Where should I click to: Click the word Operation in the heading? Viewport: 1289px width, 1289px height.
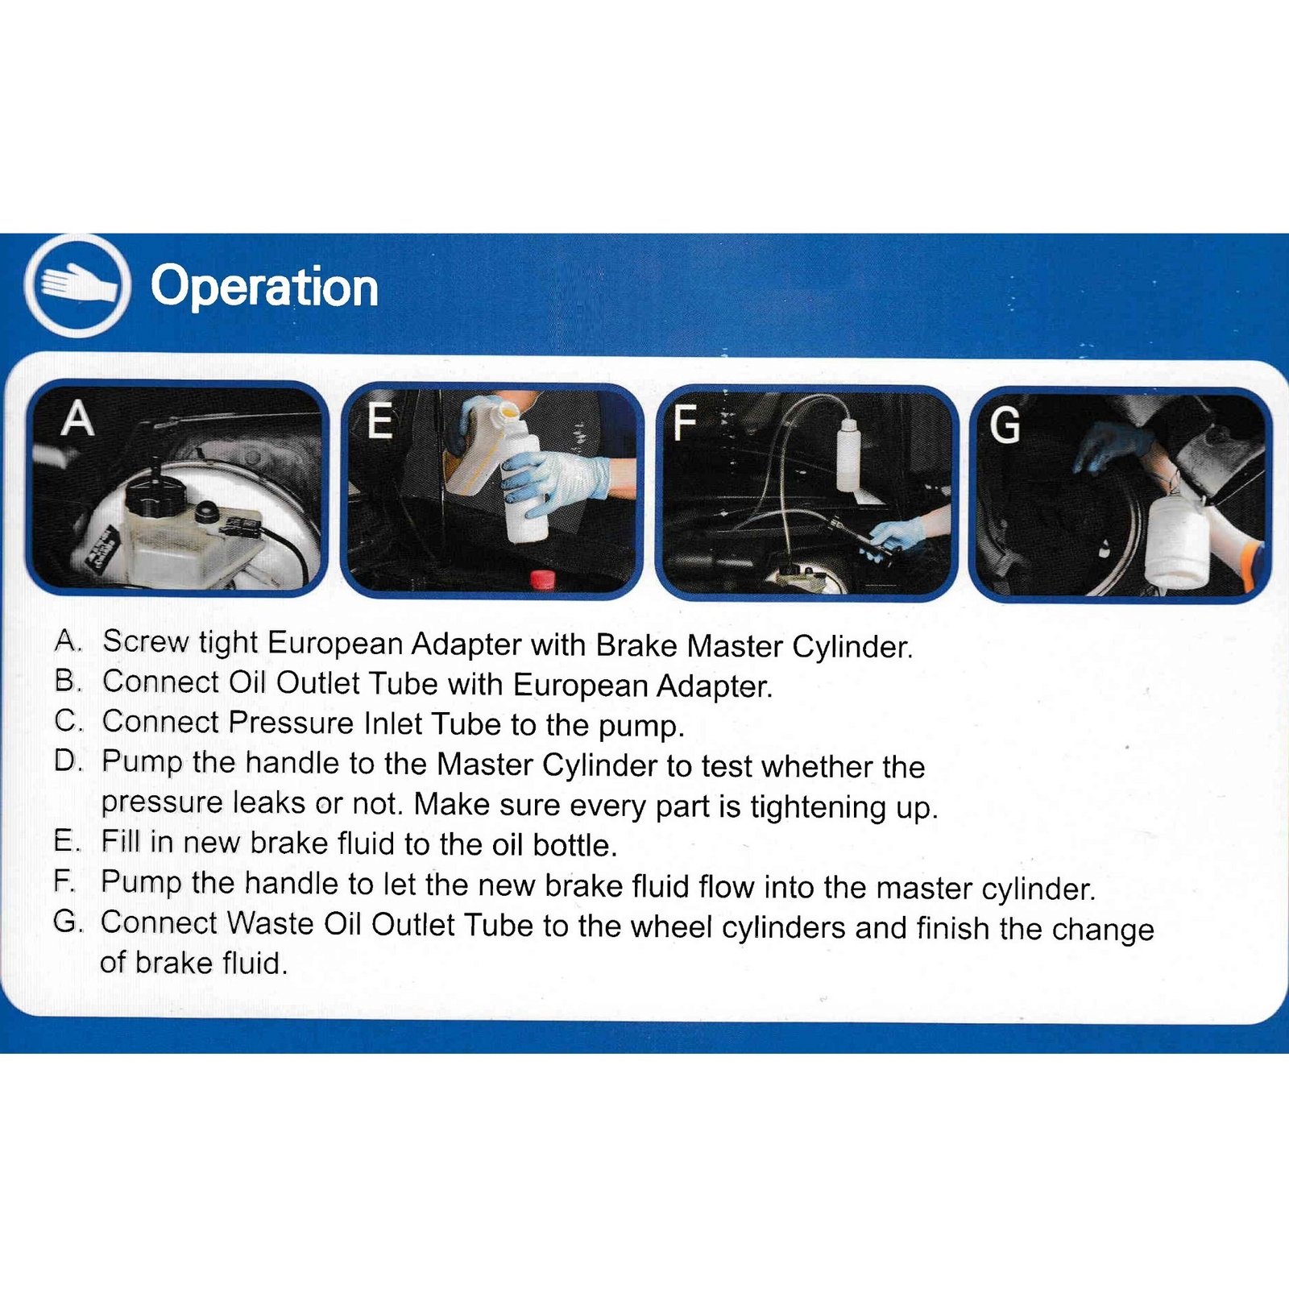264,287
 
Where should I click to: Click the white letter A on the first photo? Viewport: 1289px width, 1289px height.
77,419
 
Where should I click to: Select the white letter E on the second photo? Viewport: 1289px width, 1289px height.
379,421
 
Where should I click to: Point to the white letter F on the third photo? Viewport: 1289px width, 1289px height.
684,423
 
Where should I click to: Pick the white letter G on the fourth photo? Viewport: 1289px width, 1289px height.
1005,425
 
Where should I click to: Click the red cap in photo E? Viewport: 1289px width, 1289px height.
542,578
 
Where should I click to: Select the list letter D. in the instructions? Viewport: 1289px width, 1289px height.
68,761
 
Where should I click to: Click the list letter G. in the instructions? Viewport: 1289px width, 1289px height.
68,922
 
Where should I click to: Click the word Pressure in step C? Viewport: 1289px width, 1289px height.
291,723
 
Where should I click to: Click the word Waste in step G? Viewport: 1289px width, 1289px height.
270,923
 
